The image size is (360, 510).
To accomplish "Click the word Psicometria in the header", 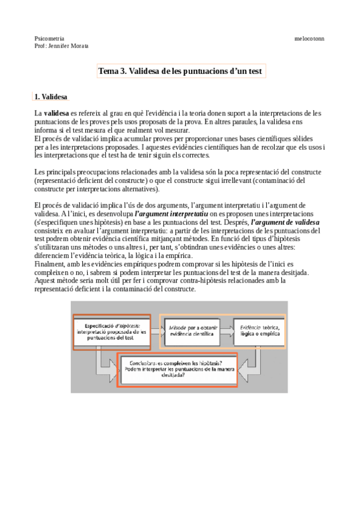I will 50,38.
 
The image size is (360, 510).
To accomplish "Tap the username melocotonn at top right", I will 309,38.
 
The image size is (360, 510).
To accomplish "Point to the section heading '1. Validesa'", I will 51,96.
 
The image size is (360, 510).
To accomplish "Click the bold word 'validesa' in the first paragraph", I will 56,112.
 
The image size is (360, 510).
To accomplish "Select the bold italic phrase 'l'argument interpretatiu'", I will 171,213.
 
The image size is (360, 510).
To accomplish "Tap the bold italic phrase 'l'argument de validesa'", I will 285,221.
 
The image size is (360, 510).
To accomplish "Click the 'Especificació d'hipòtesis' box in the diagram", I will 112,331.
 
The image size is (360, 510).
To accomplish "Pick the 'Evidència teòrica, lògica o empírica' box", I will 259,331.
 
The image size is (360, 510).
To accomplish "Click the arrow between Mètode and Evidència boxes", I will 226,331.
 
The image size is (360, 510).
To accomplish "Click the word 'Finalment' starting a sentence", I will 50,264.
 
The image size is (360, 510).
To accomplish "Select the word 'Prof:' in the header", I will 41,46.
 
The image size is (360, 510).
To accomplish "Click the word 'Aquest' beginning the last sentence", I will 46,281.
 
